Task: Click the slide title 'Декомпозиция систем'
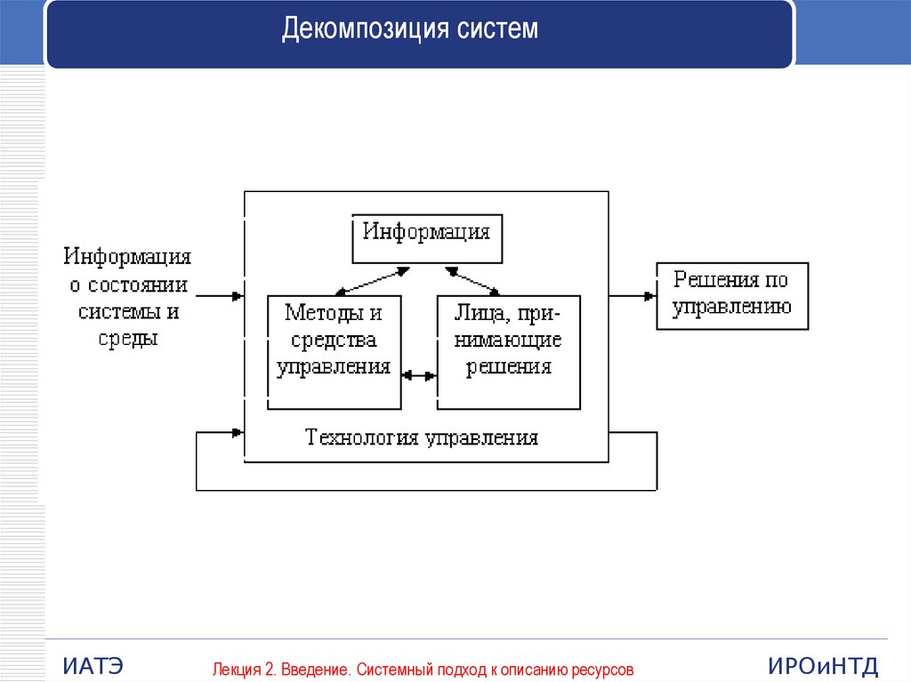pos(410,29)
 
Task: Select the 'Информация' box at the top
pos(426,238)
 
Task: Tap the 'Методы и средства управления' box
pos(334,352)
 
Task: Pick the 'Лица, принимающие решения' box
pos(508,352)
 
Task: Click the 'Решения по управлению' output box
pos(732,296)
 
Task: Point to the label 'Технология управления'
pos(422,437)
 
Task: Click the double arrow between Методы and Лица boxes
pos(419,375)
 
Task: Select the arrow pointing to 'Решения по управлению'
pos(633,296)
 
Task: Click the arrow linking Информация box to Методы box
pos(372,280)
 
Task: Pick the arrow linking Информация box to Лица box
pos(472,280)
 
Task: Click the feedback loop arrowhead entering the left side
pos(236,433)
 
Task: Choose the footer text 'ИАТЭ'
pos(93,666)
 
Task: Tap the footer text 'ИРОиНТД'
pos(824,666)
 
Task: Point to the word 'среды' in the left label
pos(127,339)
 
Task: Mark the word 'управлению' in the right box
pos(732,308)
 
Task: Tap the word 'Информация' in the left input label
pos(127,257)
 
